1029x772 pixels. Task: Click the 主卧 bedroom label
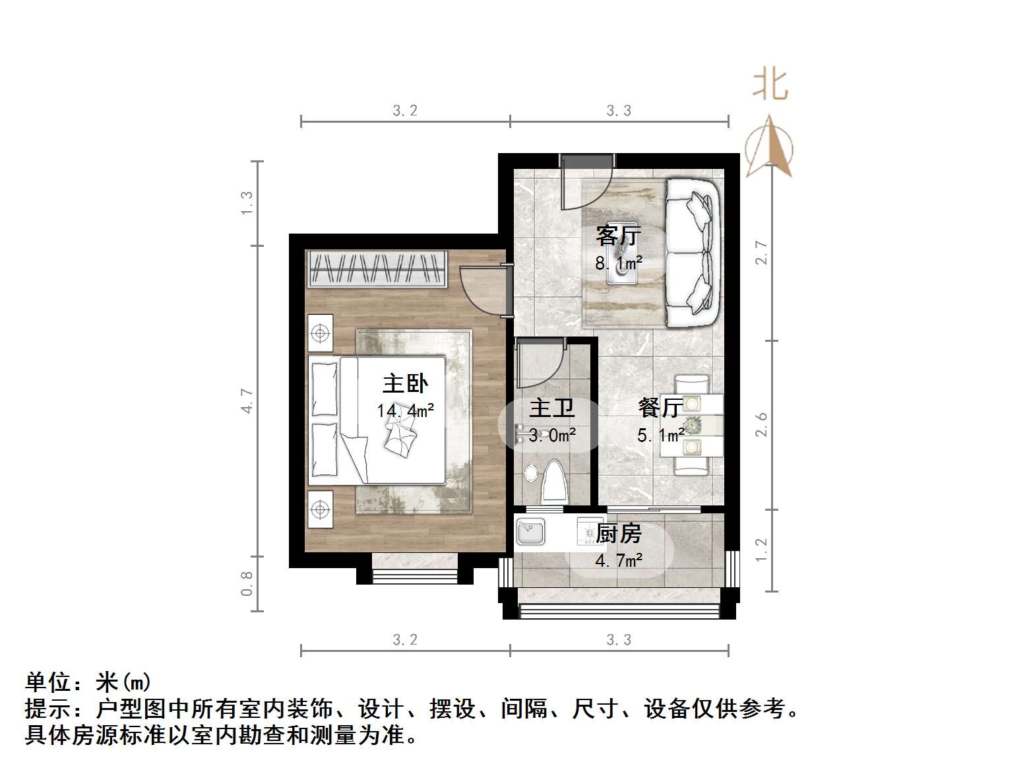click(x=405, y=384)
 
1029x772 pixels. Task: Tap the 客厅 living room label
click(x=618, y=236)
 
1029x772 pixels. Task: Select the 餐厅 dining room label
click(x=660, y=408)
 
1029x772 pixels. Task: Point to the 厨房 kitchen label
click(x=618, y=533)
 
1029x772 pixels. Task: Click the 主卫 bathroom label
click(x=551, y=408)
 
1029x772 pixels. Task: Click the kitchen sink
click(x=530, y=532)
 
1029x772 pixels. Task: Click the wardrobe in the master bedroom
click(x=377, y=269)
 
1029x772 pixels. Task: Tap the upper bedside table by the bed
click(x=321, y=333)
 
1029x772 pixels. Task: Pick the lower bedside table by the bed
click(x=321, y=509)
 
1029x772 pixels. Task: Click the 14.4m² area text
click(x=405, y=411)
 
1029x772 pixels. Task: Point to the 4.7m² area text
click(x=618, y=561)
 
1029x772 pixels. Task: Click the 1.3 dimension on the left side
click(x=247, y=203)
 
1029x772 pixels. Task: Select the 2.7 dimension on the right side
click(x=762, y=253)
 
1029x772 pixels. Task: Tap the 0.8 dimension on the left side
click(x=247, y=583)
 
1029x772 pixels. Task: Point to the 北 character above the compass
click(x=770, y=85)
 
